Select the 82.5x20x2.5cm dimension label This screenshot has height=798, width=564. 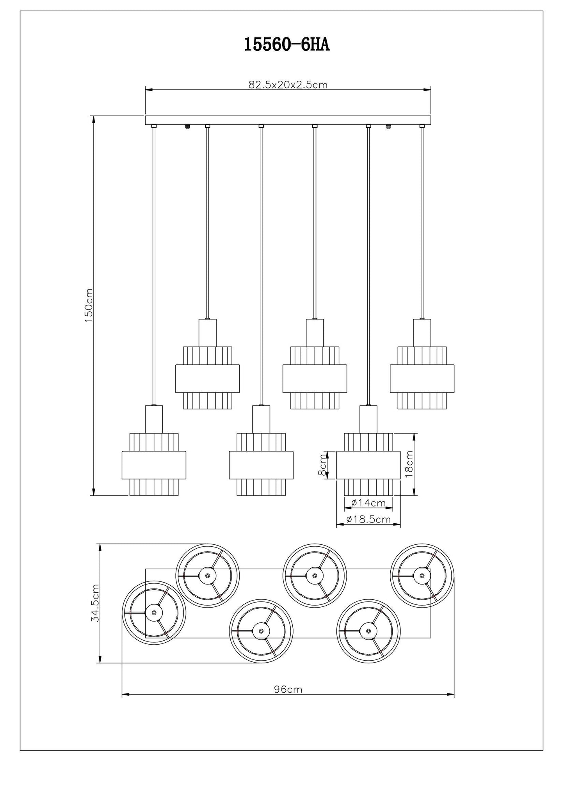288,85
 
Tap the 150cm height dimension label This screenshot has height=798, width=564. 89,306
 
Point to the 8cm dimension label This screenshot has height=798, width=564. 322,465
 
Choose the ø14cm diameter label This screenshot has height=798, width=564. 368,503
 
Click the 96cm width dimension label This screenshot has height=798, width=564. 288,690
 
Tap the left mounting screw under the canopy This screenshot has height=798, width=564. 188,127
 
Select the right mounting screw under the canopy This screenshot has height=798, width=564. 388,127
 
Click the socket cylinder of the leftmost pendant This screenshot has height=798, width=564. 154,419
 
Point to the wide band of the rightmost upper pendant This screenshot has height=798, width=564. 422,378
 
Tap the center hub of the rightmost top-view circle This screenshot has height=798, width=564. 422,575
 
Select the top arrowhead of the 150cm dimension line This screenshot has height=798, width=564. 93,119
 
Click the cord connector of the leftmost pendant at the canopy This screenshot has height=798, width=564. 154,126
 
